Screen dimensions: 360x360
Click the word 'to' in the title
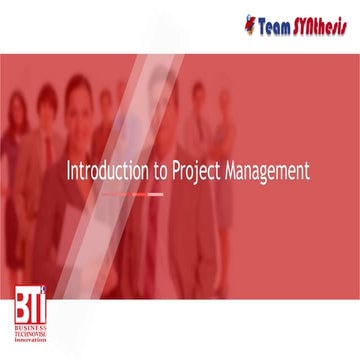(x=153, y=171)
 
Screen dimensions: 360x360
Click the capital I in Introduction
(x=68, y=170)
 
